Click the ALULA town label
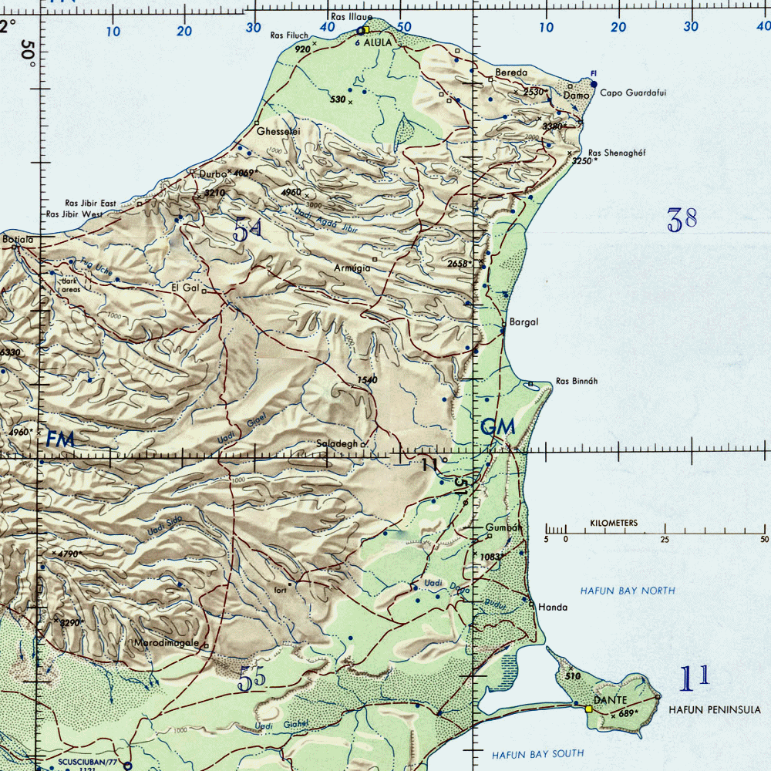pos(378,43)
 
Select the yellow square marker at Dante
pos(589,709)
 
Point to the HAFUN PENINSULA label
pos(714,710)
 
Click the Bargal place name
pos(524,322)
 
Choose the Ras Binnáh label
pos(576,381)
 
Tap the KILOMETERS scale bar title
pos(614,524)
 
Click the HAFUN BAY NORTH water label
pos(627,591)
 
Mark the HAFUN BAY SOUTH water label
pos(537,753)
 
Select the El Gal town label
pos(185,288)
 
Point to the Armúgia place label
pos(353,268)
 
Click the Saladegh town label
pos(337,444)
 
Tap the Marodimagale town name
pos(167,642)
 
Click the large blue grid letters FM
pos(60,439)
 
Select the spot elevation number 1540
pos(366,380)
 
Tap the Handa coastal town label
pos(553,608)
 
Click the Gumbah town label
pos(505,528)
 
